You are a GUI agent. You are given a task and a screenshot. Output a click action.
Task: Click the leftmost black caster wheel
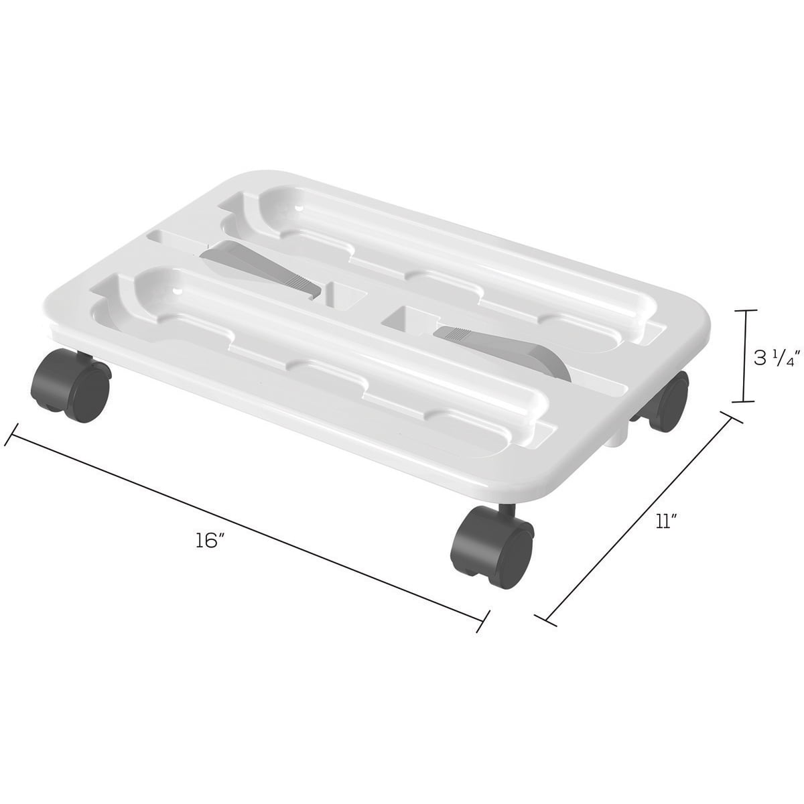click(70, 386)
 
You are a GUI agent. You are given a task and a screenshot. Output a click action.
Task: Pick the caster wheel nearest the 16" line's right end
click(492, 541)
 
